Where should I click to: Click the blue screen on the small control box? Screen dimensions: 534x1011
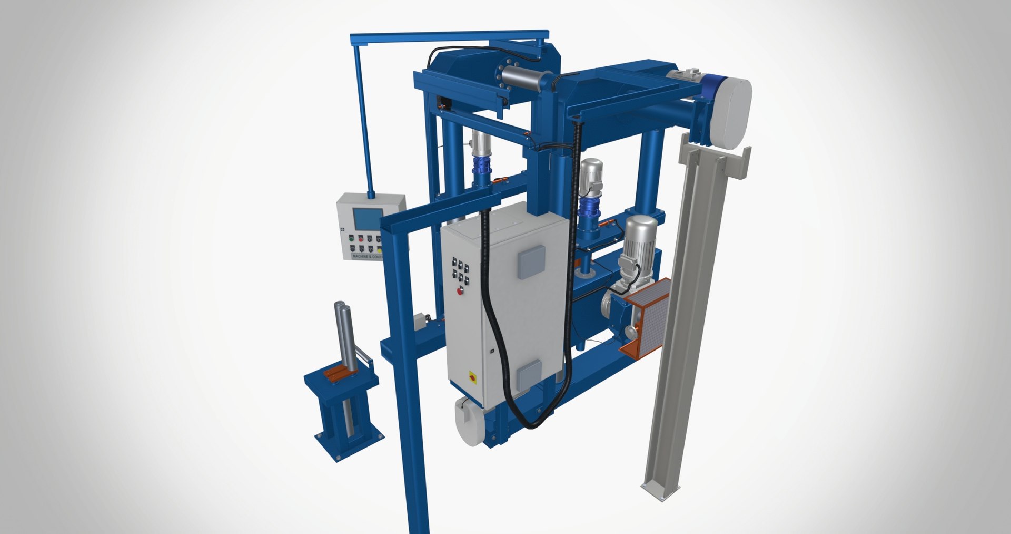(x=368, y=219)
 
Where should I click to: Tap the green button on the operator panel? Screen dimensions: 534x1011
(x=351, y=239)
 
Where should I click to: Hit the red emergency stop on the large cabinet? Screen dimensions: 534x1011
(x=460, y=291)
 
